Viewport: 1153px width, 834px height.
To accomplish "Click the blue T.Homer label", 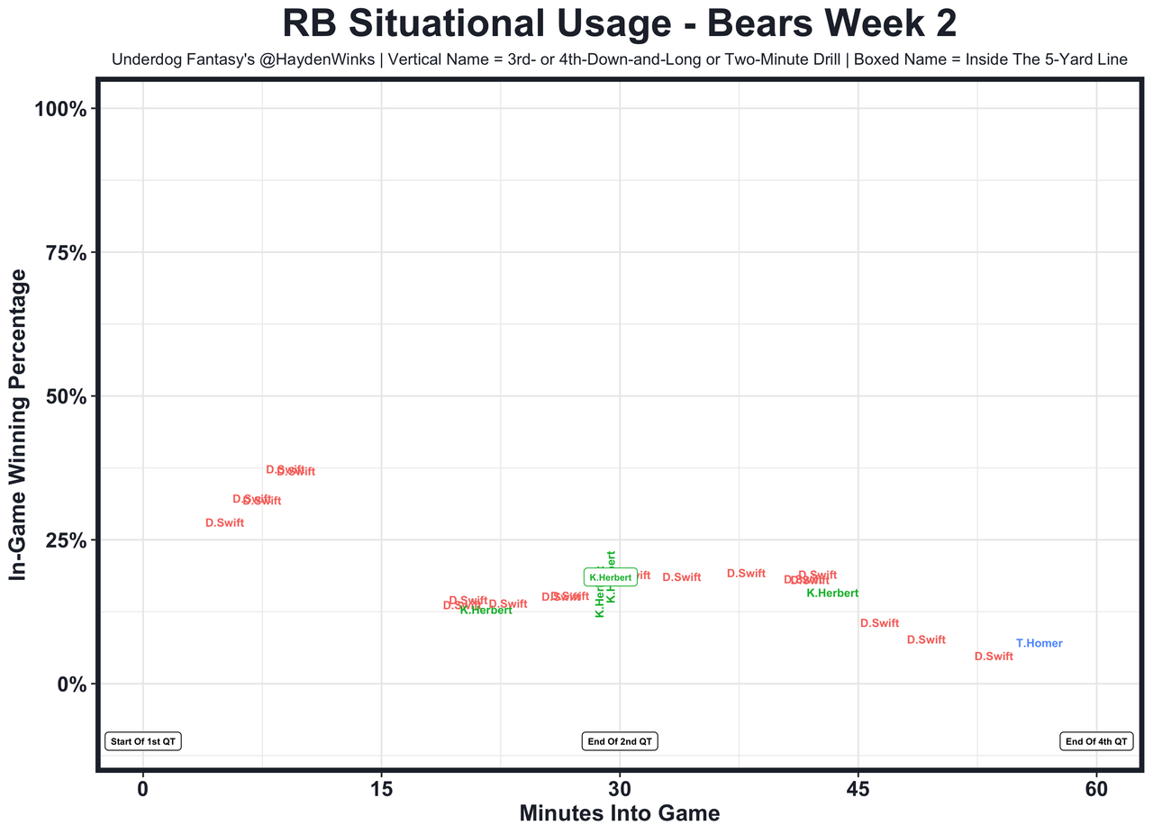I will (x=1039, y=643).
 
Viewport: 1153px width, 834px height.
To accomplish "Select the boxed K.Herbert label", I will (x=610, y=577).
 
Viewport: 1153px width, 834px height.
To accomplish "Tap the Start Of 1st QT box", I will (x=143, y=741).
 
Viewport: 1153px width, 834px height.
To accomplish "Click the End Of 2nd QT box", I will (x=621, y=741).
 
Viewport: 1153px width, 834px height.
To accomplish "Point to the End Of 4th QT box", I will (x=1095, y=741).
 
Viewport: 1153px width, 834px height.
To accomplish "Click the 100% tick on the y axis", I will (x=59, y=109).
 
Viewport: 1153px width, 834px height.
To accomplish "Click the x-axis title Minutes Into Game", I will (x=620, y=813).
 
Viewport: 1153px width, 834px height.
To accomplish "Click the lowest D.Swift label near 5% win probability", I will (x=994, y=657).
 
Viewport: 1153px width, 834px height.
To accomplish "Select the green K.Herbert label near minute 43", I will (x=831, y=593).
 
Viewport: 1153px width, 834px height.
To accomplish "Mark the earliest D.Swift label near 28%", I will (x=224, y=522).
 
